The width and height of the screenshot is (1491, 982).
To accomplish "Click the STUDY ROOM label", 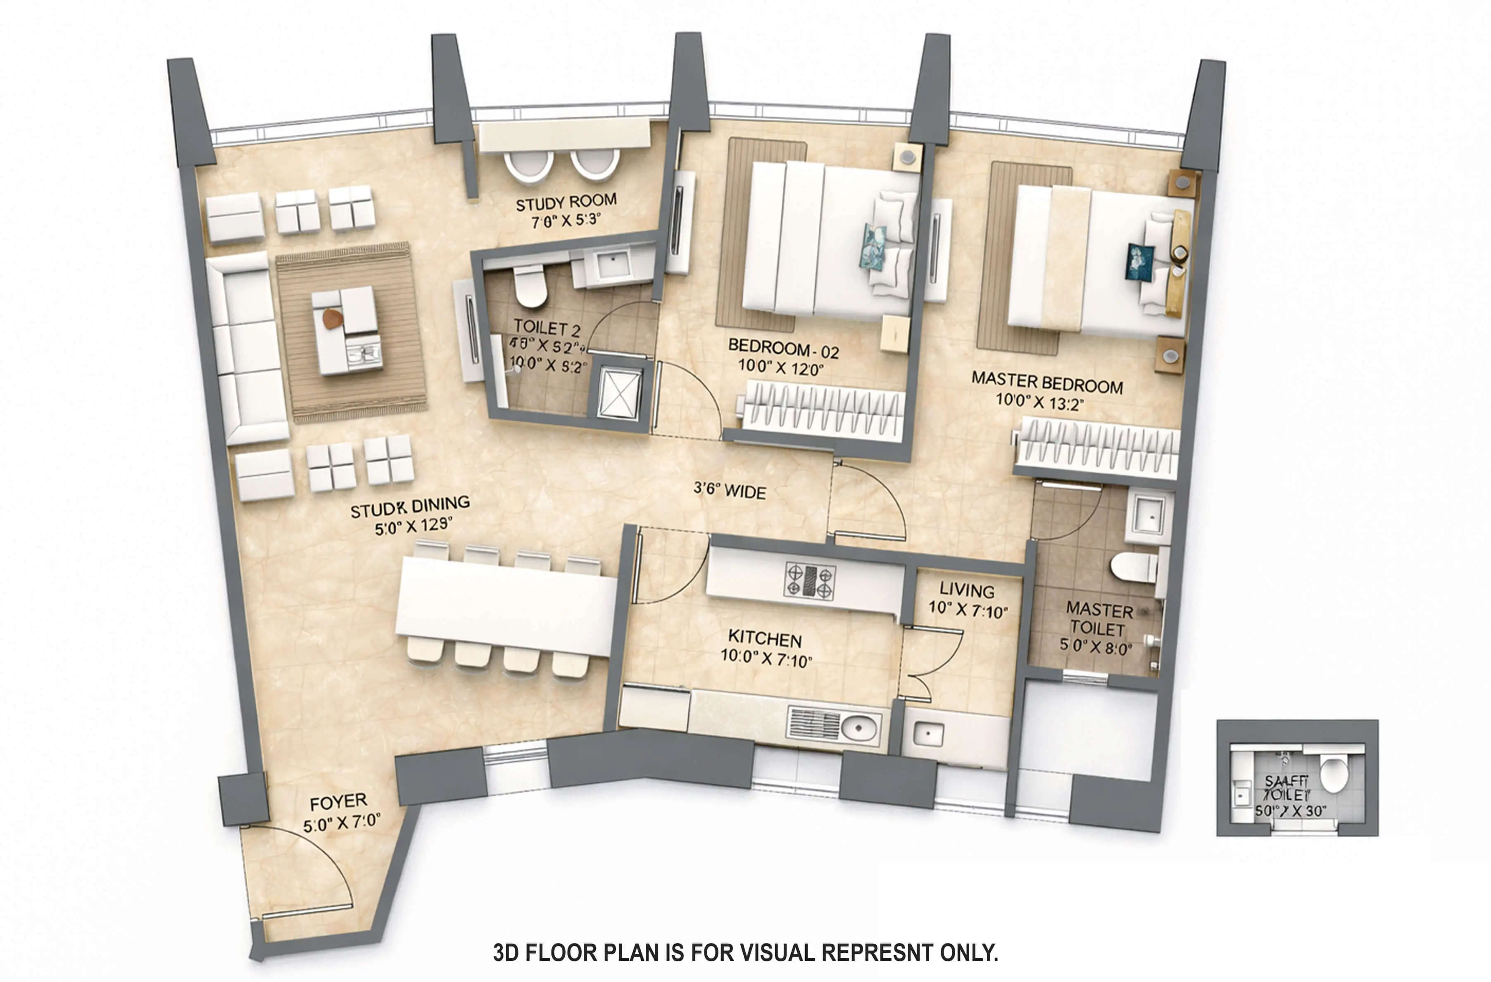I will tap(566, 202).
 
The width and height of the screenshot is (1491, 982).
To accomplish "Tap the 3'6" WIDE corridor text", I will tap(730, 490).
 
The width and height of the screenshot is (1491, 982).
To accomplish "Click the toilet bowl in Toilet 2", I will tap(530, 286).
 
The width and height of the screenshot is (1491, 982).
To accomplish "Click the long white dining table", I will tap(506, 606).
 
